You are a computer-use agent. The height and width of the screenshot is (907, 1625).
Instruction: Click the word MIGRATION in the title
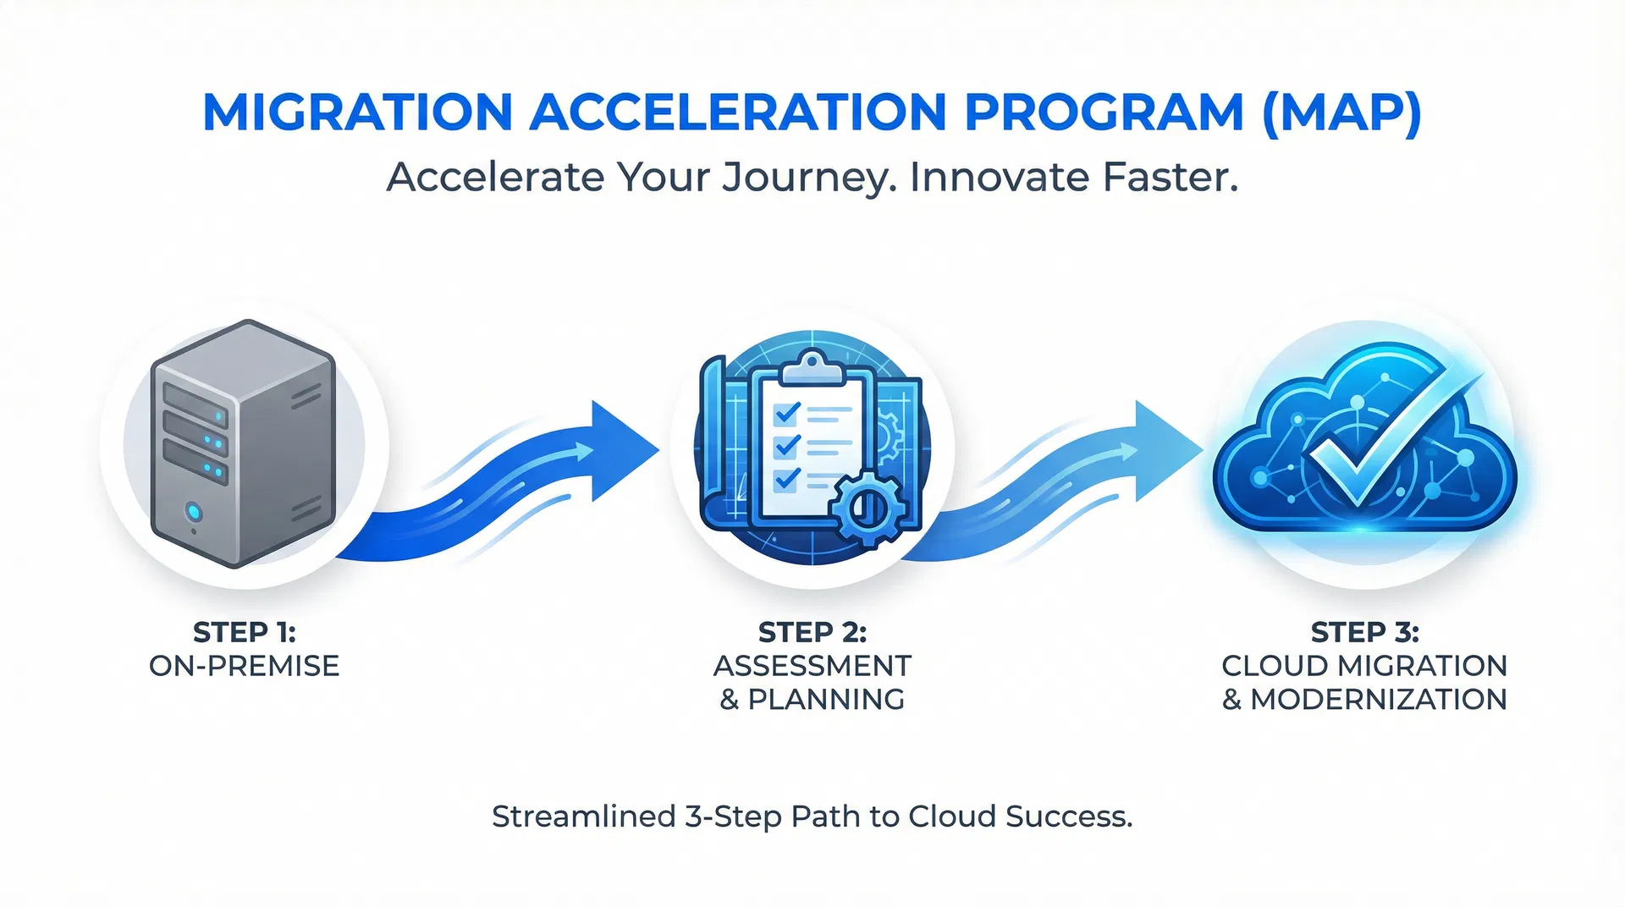click(x=357, y=112)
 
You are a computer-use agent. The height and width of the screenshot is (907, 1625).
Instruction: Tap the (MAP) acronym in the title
click(x=1341, y=112)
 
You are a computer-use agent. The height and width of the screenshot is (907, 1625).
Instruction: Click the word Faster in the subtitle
click(x=1170, y=178)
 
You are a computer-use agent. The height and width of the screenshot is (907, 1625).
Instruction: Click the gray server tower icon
click(x=244, y=443)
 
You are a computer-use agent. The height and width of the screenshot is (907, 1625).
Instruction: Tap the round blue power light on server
click(x=194, y=512)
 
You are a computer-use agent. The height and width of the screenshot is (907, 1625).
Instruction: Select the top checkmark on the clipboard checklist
click(x=786, y=413)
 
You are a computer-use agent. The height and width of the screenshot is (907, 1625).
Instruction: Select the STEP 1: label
click(x=244, y=632)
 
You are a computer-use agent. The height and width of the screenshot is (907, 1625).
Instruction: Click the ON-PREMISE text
click(x=244, y=666)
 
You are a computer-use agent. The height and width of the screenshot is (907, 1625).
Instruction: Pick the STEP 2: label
click(x=812, y=632)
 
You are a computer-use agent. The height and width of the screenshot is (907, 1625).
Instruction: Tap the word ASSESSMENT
click(x=812, y=666)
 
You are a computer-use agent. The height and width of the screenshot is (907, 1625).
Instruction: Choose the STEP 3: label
click(x=1364, y=632)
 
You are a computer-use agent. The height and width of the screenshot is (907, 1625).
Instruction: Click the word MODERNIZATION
click(x=1378, y=700)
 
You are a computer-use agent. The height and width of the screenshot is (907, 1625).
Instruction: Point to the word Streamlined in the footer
click(x=583, y=816)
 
